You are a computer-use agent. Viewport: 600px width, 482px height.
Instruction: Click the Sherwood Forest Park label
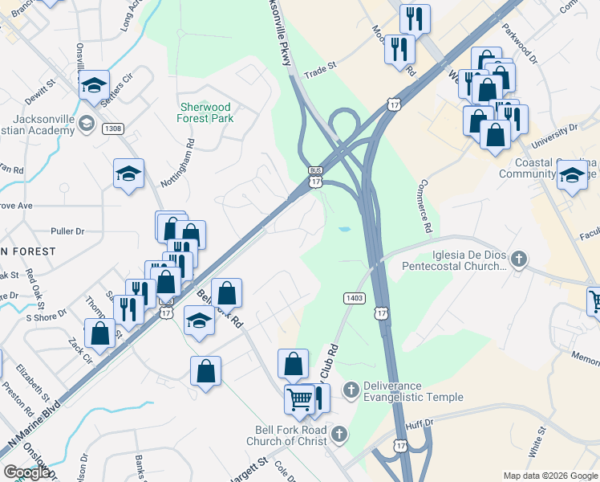pyautogui.click(x=205, y=112)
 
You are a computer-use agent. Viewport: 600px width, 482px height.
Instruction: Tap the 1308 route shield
pyautogui.click(x=113, y=129)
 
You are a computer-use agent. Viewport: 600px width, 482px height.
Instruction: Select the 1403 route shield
pyautogui.click(x=354, y=297)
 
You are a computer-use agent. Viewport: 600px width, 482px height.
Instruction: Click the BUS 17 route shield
pyautogui.click(x=316, y=177)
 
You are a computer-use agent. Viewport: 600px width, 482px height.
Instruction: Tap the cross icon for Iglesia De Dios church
pyautogui.click(x=519, y=259)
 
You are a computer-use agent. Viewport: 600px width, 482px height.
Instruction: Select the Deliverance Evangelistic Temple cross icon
pyautogui.click(x=351, y=391)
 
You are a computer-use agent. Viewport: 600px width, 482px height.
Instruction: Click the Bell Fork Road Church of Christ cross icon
pyautogui.click(x=339, y=435)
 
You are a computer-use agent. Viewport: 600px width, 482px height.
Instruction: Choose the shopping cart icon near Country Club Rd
pyautogui.click(x=299, y=398)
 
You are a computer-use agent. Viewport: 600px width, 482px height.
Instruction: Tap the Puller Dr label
pyautogui.click(x=67, y=231)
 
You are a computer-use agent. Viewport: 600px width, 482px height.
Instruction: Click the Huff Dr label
pyautogui.click(x=418, y=423)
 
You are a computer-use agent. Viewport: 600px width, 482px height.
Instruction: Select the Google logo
pyautogui.click(x=26, y=472)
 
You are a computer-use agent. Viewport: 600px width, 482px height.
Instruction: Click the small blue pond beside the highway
pyautogui.click(x=344, y=230)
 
